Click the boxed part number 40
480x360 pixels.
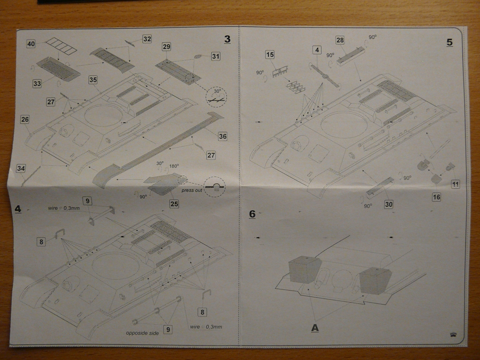(31, 44)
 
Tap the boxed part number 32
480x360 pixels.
(147, 39)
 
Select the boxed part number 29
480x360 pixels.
(166, 47)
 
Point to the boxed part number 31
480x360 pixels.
(215, 56)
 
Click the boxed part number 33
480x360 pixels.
(37, 83)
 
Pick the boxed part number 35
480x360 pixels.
(93, 80)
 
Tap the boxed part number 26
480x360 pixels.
(25, 120)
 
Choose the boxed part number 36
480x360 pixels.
(222, 136)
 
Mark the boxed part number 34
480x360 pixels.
(21, 168)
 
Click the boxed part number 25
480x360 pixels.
(174, 204)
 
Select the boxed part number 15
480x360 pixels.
(270, 55)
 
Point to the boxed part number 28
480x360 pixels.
(340, 40)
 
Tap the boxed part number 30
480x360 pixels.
(388, 204)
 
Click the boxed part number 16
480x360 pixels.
(436, 197)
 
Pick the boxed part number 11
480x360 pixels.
(455, 184)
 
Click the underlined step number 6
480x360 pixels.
(252, 214)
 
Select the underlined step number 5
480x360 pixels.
(450, 42)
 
